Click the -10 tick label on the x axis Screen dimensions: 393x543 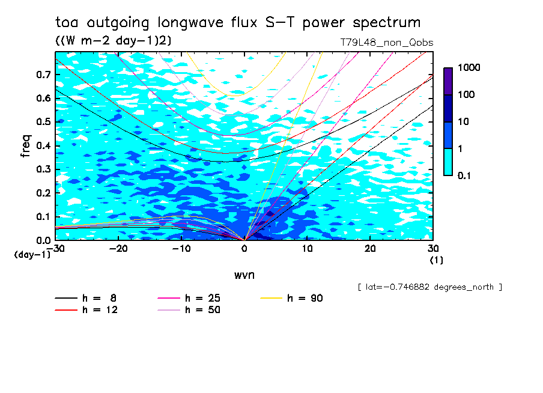[x=181, y=249]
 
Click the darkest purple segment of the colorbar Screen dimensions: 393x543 [x=448, y=81]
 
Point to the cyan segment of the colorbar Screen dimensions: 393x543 [x=448, y=162]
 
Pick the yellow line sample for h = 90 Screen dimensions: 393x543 [x=272, y=298]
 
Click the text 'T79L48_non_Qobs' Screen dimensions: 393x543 [x=386, y=43]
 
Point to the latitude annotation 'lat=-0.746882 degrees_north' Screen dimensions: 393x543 [x=429, y=287]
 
